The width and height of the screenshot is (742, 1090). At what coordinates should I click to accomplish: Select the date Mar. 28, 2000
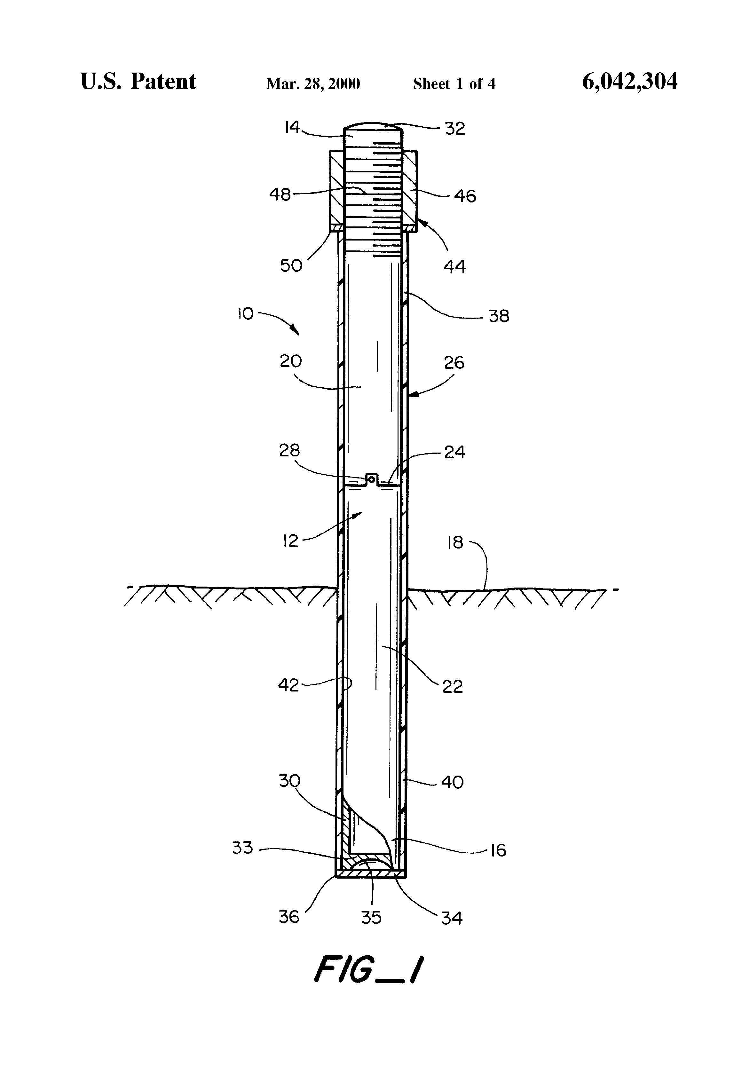pyautogui.click(x=313, y=84)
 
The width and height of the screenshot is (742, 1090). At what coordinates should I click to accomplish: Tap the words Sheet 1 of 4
pyautogui.click(x=454, y=84)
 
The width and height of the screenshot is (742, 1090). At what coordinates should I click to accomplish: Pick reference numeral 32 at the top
pyautogui.click(x=454, y=129)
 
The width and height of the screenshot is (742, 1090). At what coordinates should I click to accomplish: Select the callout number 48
pyautogui.click(x=280, y=194)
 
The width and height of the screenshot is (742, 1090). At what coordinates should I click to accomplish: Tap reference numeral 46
pyautogui.click(x=465, y=196)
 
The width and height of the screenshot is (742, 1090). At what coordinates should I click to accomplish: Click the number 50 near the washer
pyautogui.click(x=291, y=265)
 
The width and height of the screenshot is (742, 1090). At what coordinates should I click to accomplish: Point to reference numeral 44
pyautogui.click(x=454, y=267)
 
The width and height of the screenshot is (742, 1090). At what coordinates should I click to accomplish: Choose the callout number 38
pyautogui.click(x=499, y=316)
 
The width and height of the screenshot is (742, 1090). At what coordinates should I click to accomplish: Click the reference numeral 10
pyautogui.click(x=245, y=313)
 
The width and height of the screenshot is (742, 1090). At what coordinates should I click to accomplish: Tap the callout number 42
pyautogui.click(x=288, y=685)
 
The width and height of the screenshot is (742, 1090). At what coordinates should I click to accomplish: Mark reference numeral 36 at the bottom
pyautogui.click(x=288, y=916)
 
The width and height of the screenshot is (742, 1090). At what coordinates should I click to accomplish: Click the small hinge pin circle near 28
pyautogui.click(x=371, y=479)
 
